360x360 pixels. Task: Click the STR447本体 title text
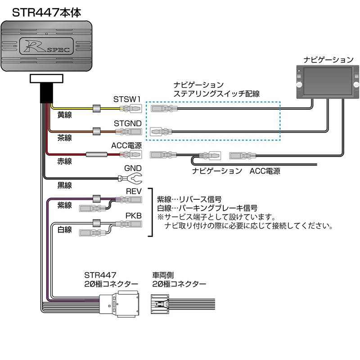[x=47, y=12]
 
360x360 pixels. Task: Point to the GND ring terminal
[x=121, y=179]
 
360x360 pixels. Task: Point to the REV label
[x=134, y=191]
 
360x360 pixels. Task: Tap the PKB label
[x=134, y=216]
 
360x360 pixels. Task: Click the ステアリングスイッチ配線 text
[x=216, y=94]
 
